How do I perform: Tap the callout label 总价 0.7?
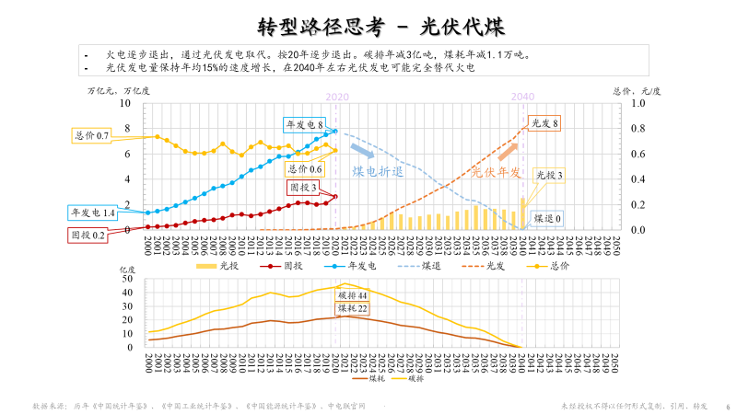pyautogui.click(x=91, y=135)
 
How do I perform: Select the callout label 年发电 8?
pyautogui.click(x=302, y=123)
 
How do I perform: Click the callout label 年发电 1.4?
pyautogui.click(x=93, y=213)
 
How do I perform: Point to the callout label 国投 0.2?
pyautogui.click(x=88, y=235)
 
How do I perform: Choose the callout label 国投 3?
pyautogui.click(x=302, y=188)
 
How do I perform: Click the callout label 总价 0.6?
pyautogui.click(x=305, y=169)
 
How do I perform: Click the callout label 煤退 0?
pyautogui.click(x=548, y=218)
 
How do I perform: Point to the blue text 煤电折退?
pyautogui.click(x=378, y=171)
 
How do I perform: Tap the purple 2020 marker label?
pyautogui.click(x=337, y=96)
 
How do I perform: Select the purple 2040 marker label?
pyautogui.click(x=522, y=96)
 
